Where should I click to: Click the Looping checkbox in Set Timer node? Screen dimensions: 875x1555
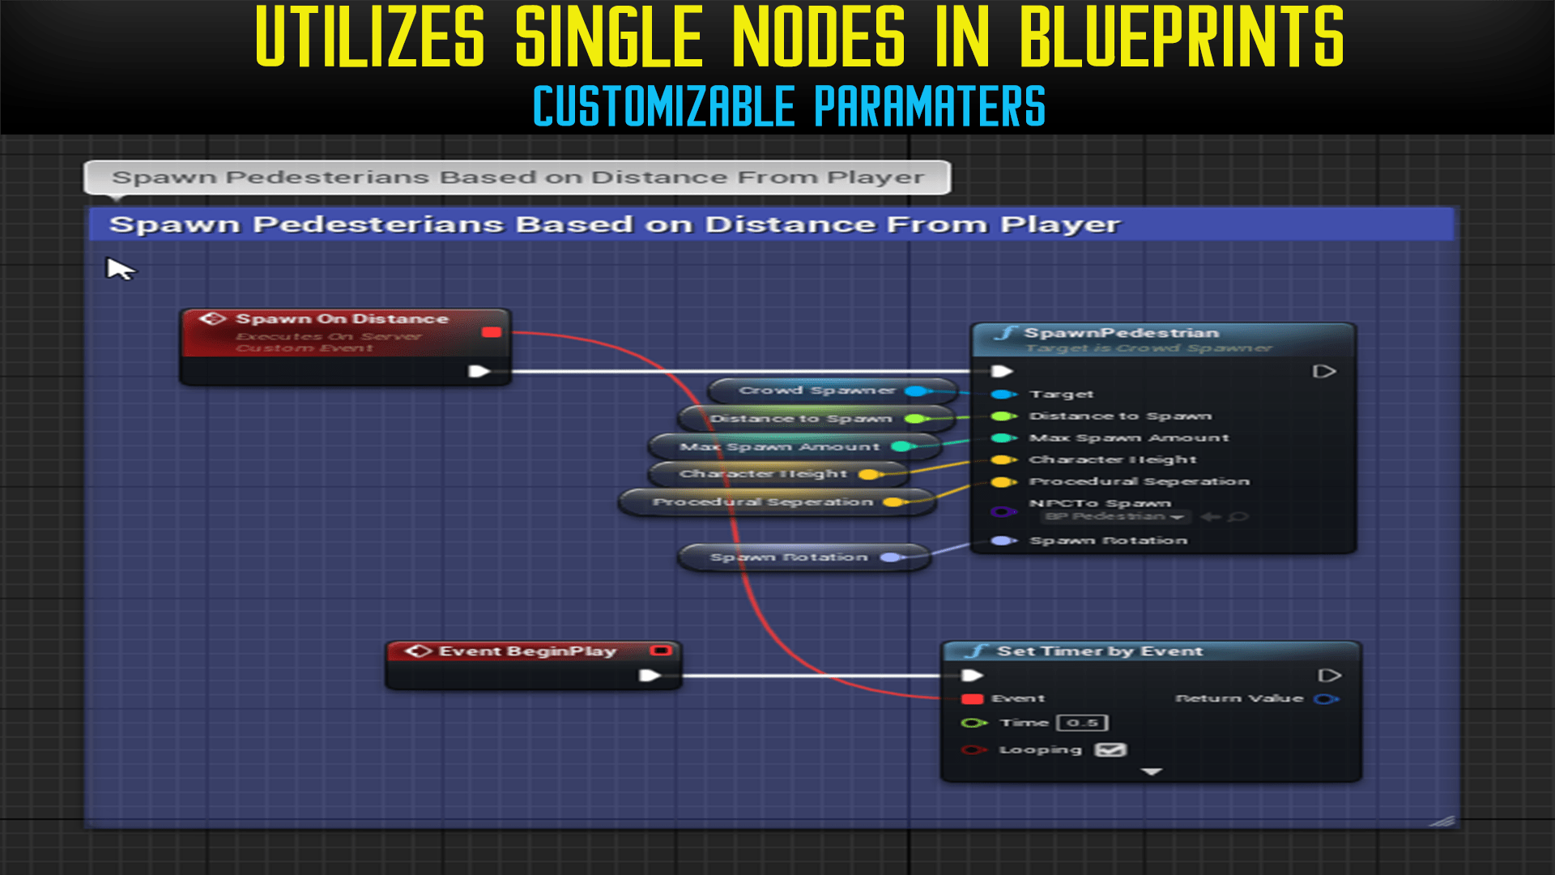[x=1110, y=749]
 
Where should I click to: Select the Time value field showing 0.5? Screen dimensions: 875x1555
[x=1082, y=723]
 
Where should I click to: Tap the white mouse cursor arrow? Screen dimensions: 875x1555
[x=119, y=268]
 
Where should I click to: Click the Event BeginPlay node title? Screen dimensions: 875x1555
[x=527, y=651]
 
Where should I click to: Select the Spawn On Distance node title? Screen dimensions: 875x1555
[x=341, y=319]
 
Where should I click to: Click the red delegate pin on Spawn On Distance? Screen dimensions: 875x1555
[x=492, y=332]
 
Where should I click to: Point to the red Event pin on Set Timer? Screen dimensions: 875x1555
[x=972, y=698]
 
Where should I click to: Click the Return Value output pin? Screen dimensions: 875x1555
[x=1326, y=698]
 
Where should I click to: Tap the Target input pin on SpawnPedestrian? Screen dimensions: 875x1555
[x=1003, y=395]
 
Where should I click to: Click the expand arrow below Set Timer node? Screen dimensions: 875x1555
[x=1151, y=772]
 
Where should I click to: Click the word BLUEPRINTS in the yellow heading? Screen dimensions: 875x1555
[x=1181, y=38]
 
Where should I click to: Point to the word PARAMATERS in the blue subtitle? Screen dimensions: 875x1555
[x=930, y=106]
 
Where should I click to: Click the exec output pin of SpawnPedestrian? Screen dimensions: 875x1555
[x=1323, y=372]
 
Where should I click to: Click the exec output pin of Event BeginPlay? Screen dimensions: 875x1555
[x=650, y=676]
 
